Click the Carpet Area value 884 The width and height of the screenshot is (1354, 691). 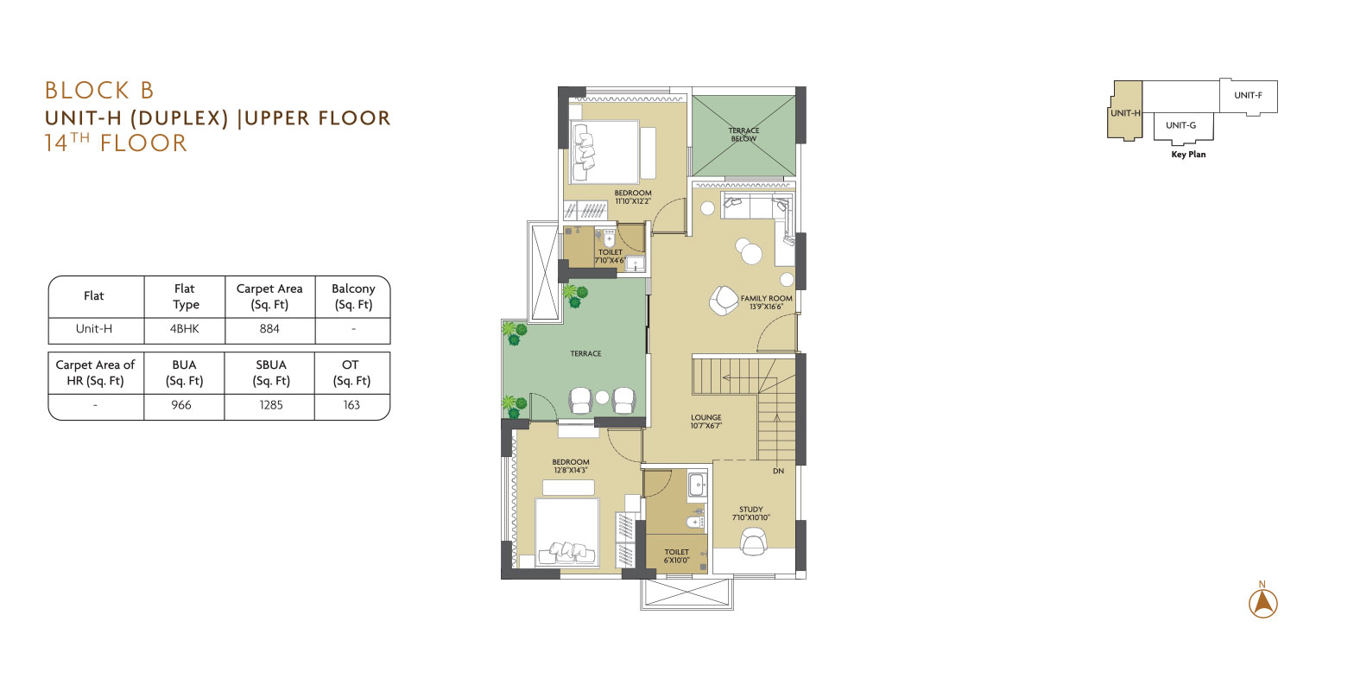pos(269,329)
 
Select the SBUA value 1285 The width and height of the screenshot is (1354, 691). pos(271,405)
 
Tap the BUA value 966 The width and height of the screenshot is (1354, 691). pos(181,405)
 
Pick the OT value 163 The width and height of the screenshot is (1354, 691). pos(351,405)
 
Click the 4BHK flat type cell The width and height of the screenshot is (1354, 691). pos(185,329)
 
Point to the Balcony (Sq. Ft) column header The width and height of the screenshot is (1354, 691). pos(354,296)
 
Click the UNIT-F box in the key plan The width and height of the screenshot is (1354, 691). pos(1249,96)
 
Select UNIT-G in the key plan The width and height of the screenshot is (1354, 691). pos(1181,126)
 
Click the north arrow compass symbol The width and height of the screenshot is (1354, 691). pos(1262,602)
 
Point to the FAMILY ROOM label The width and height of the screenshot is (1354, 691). pos(767,298)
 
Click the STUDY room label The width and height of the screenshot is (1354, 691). pos(750,509)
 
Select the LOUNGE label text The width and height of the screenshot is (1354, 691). pos(706,417)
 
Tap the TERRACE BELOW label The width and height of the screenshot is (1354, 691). pos(743,134)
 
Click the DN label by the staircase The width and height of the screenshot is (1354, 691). pos(779,471)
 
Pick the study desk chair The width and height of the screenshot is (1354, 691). pos(753,541)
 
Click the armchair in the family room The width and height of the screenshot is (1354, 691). pos(724,301)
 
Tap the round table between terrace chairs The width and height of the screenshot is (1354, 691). pos(602,397)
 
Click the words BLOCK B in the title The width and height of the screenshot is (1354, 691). pos(100,91)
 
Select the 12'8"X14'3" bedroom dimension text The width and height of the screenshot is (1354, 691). pos(571,470)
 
